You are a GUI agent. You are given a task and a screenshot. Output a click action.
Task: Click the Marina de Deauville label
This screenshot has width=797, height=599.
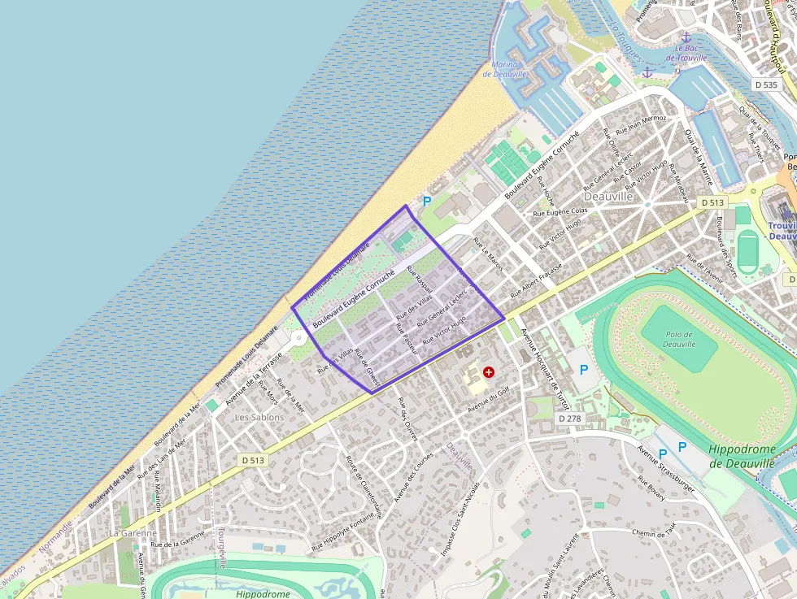click(x=511, y=69)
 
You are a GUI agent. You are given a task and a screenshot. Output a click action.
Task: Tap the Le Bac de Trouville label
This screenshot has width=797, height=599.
click(x=684, y=52)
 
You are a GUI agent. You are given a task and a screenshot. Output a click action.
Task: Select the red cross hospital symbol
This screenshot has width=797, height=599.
click(x=489, y=372)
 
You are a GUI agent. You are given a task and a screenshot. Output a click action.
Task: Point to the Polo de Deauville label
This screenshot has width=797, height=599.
click(x=679, y=338)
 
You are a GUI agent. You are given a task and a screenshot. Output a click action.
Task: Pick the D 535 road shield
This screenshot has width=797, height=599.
click(x=766, y=85)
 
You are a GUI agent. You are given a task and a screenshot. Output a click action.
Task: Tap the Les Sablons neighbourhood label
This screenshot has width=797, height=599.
click(x=259, y=417)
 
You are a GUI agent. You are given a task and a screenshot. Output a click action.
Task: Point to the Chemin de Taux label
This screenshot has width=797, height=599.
click(x=654, y=528)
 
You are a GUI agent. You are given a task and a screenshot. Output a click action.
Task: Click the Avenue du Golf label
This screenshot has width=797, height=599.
click(x=488, y=398)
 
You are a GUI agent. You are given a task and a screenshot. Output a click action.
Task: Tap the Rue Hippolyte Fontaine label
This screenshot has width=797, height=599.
click(x=346, y=532)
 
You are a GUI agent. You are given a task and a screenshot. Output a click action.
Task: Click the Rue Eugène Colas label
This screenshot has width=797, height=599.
click(x=560, y=210)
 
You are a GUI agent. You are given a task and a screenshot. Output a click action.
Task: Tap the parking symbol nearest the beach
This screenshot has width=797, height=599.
click(x=425, y=201)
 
